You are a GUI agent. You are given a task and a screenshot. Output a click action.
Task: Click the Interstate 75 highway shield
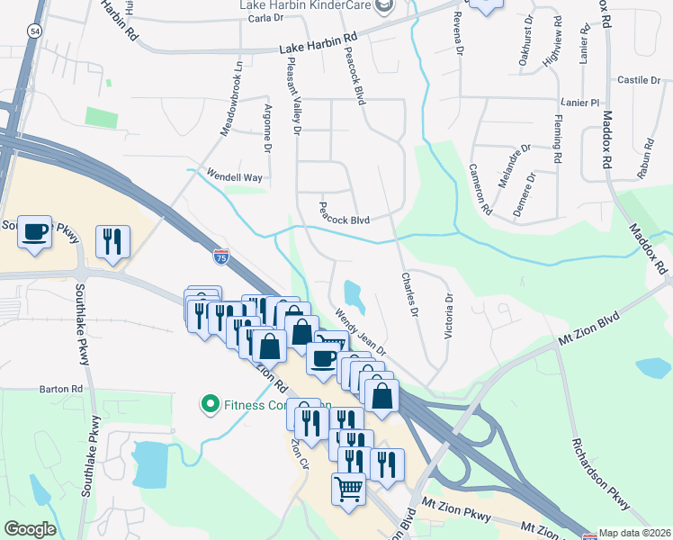tap(221, 257)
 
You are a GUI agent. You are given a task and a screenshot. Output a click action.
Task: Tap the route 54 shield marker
tap(34, 31)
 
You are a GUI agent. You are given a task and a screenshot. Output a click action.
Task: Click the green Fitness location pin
tap(211, 404)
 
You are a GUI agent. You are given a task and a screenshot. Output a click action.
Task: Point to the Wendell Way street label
tap(235, 177)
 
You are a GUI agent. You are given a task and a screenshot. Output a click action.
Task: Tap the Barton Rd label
tap(61, 389)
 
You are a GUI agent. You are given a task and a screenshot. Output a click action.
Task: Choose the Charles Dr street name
tap(409, 295)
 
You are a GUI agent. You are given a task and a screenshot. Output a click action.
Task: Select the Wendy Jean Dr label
tap(360, 332)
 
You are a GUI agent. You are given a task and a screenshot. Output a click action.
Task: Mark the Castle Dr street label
tap(638, 80)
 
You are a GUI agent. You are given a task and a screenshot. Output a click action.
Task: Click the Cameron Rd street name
tap(480, 189)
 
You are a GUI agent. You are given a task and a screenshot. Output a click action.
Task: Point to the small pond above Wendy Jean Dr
tap(353, 293)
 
